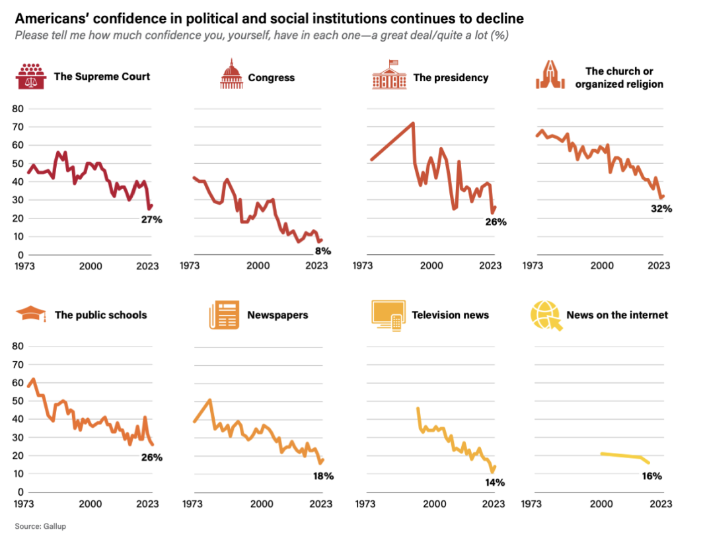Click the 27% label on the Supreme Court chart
[151, 219]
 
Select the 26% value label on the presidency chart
[496, 222]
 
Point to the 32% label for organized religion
[661, 209]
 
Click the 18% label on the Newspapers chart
[323, 476]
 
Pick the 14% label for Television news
[494, 483]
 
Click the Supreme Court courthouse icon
[30, 77]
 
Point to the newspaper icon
[223, 315]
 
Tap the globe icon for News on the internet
[544, 315]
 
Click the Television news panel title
[450, 315]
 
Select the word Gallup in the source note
[55, 526]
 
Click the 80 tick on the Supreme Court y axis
[18, 108]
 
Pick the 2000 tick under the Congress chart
[258, 265]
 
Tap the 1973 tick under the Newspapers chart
[192, 503]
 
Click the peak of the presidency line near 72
[413, 123]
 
